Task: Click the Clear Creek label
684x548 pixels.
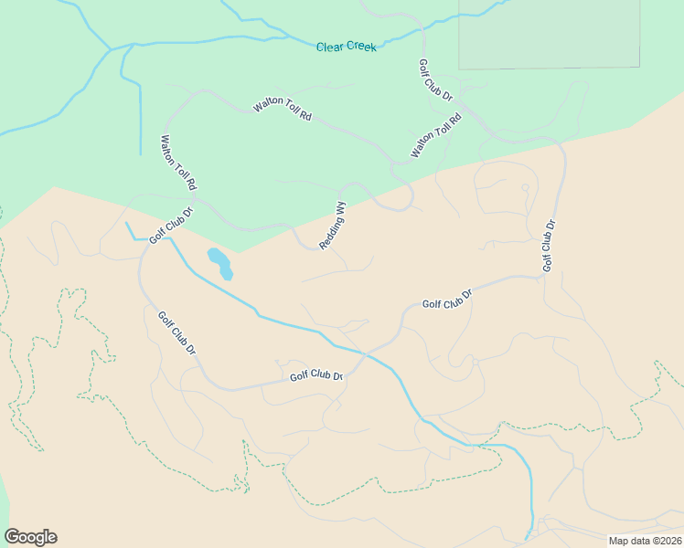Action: point(346,47)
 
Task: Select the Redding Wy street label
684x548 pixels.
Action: point(333,226)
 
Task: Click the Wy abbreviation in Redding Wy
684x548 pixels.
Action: point(340,209)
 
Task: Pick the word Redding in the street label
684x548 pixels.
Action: point(330,233)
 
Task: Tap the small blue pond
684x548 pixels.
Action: point(220,263)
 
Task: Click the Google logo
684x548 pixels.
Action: point(30,537)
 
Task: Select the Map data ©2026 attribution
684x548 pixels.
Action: point(645,541)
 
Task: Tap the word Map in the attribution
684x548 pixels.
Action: point(618,541)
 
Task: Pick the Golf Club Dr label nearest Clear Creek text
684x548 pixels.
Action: point(435,80)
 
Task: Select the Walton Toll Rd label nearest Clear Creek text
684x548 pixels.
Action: point(283,110)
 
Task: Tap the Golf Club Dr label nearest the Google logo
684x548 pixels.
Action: point(176,333)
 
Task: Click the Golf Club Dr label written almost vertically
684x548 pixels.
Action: point(549,245)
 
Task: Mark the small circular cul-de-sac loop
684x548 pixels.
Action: point(525,187)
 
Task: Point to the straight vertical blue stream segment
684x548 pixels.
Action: point(141,119)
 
